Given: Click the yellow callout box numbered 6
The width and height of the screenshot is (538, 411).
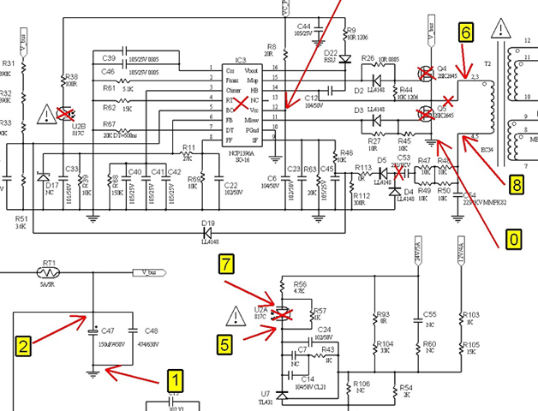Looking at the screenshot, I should [x=465, y=33].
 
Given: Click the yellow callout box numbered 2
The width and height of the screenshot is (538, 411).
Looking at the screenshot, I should [x=24, y=346].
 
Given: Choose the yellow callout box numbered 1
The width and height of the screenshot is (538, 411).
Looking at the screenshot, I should [x=175, y=378].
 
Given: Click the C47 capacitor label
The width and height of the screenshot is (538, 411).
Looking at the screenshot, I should [x=108, y=330].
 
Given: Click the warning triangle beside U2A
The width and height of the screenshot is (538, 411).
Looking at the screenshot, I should [x=232, y=316].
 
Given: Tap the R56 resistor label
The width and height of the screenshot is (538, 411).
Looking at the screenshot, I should [x=300, y=283].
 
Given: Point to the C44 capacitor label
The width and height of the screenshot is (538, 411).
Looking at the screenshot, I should [x=303, y=27].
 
